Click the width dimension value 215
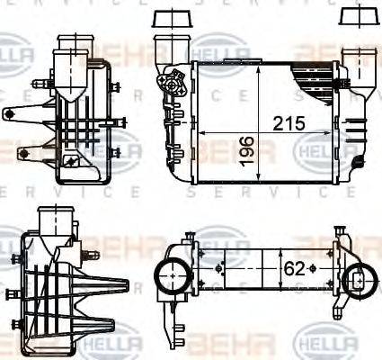pos(278,121)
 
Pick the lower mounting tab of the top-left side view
pos(22,150)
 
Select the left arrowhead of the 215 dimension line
pos(200,132)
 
